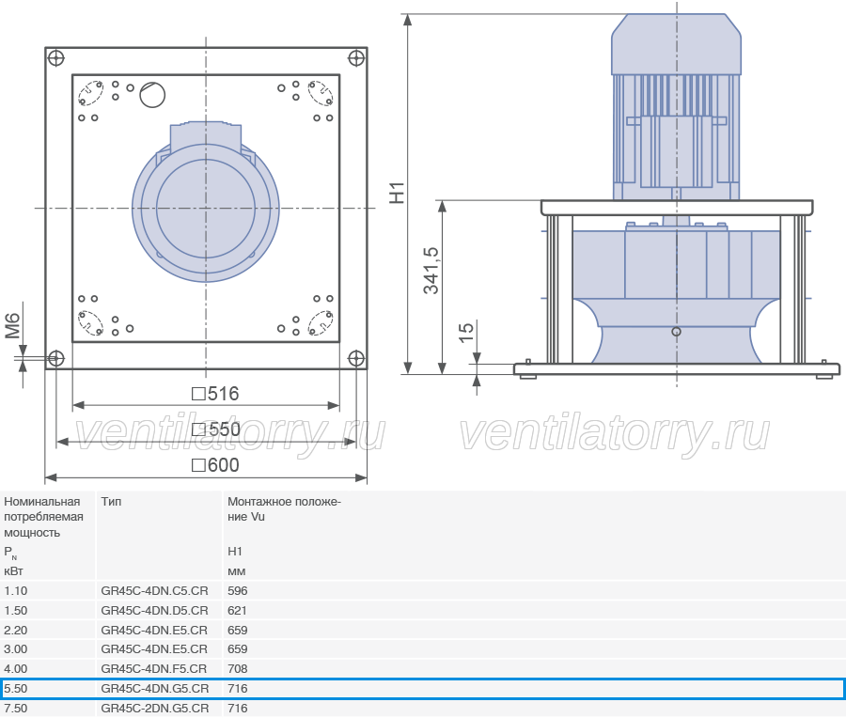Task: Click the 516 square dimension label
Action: click(215, 394)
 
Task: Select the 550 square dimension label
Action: click(216, 429)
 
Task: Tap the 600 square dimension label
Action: click(215, 465)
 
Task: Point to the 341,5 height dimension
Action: click(431, 271)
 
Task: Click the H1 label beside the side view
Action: click(397, 193)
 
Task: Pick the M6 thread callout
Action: click(12, 326)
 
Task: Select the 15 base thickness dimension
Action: click(465, 333)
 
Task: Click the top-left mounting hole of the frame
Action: click(56, 57)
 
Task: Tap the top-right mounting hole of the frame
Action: click(356, 57)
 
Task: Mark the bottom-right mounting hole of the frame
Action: click(356, 358)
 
